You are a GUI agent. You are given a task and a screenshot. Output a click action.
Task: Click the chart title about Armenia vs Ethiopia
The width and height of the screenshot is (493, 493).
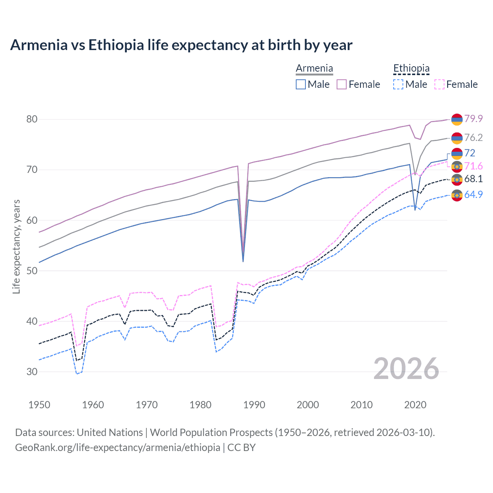pos(181,45)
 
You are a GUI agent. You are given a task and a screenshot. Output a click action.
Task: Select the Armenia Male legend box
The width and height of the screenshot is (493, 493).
pos(301,84)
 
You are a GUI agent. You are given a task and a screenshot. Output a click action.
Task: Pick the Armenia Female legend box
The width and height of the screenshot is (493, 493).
pos(342,84)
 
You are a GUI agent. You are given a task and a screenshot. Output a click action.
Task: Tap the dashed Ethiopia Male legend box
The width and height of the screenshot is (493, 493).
pos(398,84)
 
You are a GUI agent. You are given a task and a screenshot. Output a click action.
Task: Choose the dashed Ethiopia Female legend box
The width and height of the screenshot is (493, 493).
pos(439,84)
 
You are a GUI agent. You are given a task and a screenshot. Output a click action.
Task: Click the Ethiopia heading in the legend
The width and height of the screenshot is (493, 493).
pos(411,69)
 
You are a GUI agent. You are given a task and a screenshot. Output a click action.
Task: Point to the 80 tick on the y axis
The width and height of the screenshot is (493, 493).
pos(32,119)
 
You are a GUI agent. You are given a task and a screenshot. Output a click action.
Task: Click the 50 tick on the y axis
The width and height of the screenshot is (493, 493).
pos(32,271)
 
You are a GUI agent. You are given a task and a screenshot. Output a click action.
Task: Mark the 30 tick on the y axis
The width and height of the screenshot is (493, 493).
pos(32,372)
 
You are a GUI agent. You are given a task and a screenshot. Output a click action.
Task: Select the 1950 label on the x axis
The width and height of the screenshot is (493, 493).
pos(39,405)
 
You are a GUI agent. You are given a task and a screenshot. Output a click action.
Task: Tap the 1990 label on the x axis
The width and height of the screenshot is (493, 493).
pos(254,405)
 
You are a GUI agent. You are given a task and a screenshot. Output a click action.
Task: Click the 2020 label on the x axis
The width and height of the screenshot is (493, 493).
pos(415,405)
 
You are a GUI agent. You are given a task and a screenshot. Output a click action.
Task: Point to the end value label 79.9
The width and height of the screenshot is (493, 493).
pos(473,119)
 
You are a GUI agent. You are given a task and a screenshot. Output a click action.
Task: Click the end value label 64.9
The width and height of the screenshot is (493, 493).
pos(473,195)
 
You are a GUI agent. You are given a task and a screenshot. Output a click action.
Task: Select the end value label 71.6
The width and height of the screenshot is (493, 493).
pos(473,166)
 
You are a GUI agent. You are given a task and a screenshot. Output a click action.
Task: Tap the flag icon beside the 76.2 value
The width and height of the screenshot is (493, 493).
pos(457,138)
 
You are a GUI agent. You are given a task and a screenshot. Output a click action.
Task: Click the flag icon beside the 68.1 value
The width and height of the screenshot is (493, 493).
pos(457,179)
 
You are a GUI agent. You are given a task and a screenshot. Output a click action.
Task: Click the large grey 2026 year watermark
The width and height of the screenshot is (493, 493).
pos(406,369)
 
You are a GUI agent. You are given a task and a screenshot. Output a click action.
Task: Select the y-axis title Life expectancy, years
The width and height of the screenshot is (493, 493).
pos(16,246)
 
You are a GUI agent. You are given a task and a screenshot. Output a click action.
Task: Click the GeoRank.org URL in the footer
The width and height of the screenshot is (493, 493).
pos(117,448)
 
